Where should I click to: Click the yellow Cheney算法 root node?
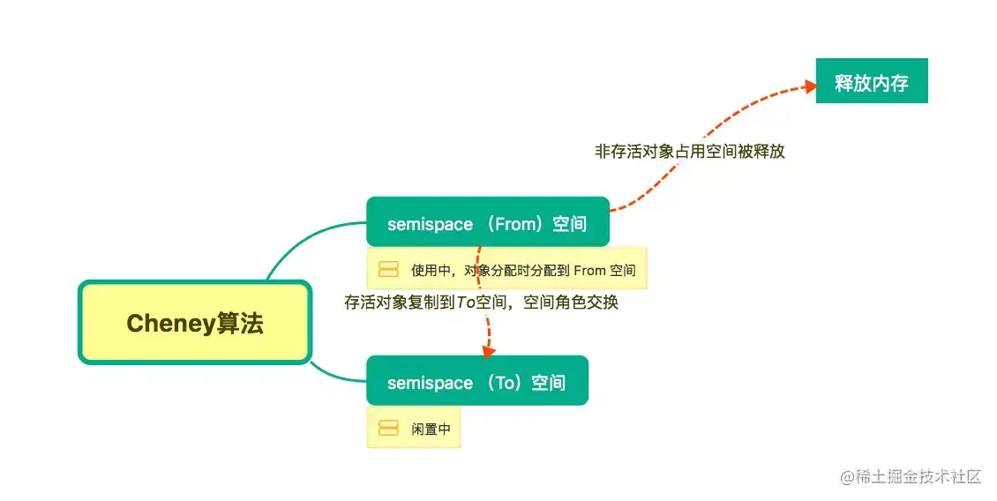pyautogui.click(x=195, y=322)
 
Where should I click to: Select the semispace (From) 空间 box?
pyautogui.click(x=487, y=223)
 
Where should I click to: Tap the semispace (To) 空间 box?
pyautogui.click(x=476, y=382)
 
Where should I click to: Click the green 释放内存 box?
pyautogui.click(x=871, y=84)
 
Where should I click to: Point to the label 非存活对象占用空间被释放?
pyautogui.click(x=690, y=152)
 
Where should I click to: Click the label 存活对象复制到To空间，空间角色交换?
pyautogui.click(x=481, y=303)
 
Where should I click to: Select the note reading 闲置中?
pyautogui.click(x=431, y=430)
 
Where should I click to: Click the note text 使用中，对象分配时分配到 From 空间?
pyautogui.click(x=523, y=270)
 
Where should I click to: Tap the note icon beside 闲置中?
pyautogui.click(x=388, y=429)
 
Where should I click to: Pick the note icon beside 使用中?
pyautogui.click(x=388, y=269)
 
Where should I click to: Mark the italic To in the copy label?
pyautogui.click(x=466, y=303)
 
